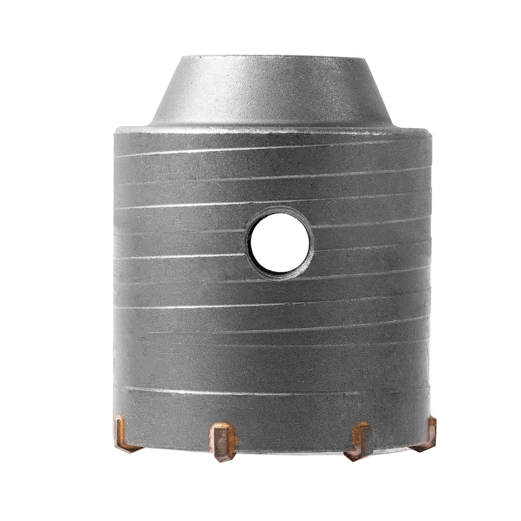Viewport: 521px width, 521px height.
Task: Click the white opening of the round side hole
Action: click(282, 242)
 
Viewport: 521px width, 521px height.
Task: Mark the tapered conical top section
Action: click(271, 91)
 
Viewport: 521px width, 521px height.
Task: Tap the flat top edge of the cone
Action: click(271, 57)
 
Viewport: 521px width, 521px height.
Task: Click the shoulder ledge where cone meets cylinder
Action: click(271, 128)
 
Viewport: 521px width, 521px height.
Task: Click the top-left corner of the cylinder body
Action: click(116, 130)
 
